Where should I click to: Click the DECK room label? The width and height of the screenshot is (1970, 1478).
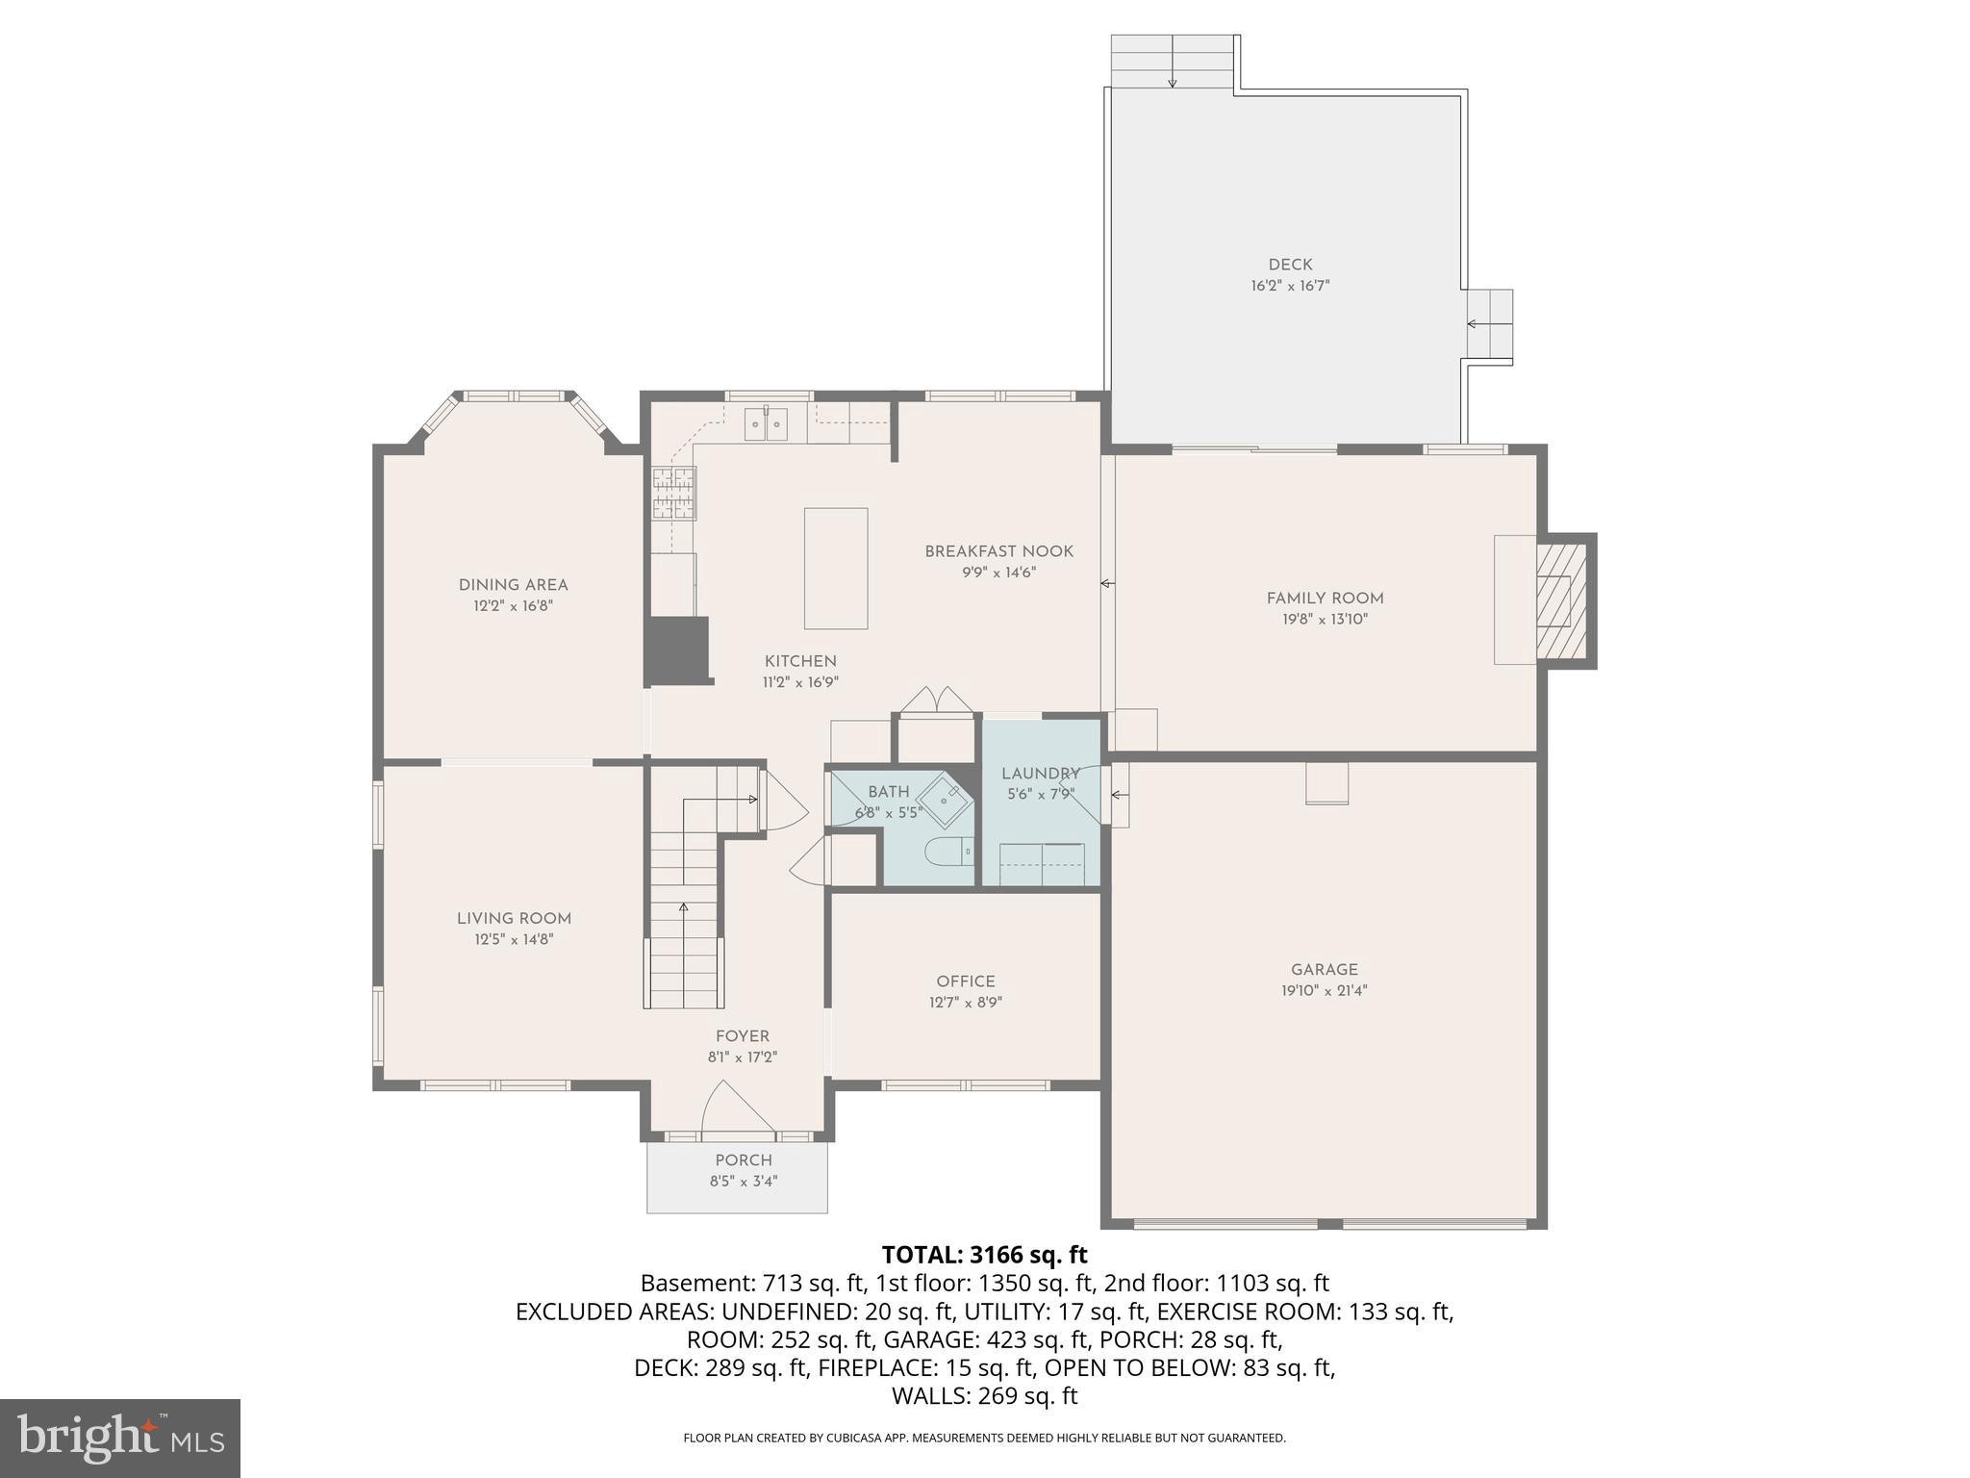[x=1290, y=265]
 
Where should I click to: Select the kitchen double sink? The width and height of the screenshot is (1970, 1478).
[x=766, y=424]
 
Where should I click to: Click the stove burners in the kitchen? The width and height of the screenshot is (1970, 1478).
[x=673, y=493]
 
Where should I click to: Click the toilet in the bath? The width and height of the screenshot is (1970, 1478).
[x=947, y=852]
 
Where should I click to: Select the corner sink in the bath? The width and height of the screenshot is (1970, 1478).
[x=944, y=799]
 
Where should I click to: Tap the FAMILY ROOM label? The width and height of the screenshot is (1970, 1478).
[x=1325, y=599]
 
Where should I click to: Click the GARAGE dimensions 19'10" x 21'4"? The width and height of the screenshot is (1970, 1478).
[x=1325, y=990]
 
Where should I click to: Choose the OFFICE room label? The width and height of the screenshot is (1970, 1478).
[x=966, y=981]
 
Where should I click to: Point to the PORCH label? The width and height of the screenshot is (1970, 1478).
[x=744, y=1160]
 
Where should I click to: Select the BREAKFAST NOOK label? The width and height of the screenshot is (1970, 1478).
[x=998, y=551]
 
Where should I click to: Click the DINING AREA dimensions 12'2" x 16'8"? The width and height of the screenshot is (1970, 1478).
[x=513, y=606]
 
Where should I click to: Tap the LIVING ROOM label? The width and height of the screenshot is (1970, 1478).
[x=514, y=919]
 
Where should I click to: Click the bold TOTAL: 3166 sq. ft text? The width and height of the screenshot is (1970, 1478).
[x=984, y=1255]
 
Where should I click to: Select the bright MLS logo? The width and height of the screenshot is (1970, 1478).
[x=119, y=1438]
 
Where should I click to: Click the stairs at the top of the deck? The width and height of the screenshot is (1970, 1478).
[x=1173, y=62]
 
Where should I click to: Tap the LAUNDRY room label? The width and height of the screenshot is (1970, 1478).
[x=1040, y=774]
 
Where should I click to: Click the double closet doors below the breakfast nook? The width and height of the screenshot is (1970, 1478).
[x=937, y=700]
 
